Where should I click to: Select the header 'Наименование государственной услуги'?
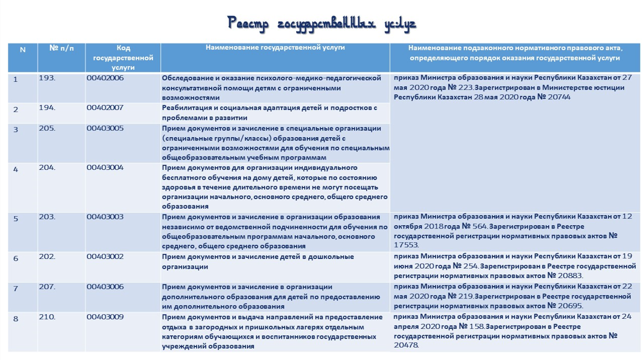pos(275,48)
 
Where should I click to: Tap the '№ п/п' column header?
pos(62,49)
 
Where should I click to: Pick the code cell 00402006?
pos(105,78)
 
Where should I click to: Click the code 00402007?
pos(105,108)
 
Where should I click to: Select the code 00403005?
pos(105,128)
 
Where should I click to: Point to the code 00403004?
pos(105,168)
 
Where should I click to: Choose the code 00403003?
pos(105,217)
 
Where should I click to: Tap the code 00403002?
pos(105,257)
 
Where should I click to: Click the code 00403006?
pos(105,287)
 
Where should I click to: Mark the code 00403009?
pos(105,317)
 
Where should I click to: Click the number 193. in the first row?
pos(47,78)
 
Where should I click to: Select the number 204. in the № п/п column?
pos(47,168)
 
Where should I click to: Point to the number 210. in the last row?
pos(47,317)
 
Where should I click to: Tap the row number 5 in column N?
pos(16,219)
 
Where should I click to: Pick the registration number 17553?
pos(406,245)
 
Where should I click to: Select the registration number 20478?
pos(406,345)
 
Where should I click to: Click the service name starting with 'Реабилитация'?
pos(270,113)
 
